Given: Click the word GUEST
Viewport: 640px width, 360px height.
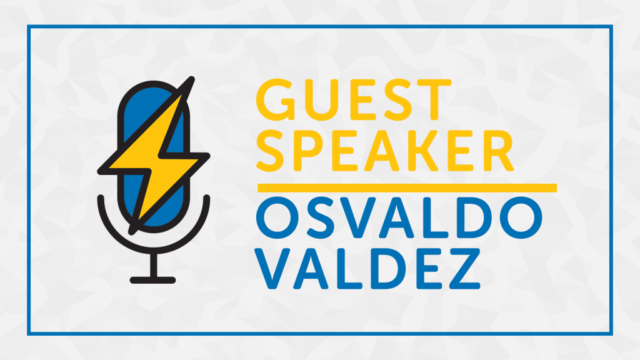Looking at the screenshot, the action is (x=354, y=100).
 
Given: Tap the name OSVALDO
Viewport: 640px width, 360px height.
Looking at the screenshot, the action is (x=399, y=217).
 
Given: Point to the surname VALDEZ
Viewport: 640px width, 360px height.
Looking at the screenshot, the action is (x=367, y=269).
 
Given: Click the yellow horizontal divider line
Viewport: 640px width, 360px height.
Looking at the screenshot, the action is (x=407, y=187).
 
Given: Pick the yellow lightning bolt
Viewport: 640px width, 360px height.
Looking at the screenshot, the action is (x=154, y=156).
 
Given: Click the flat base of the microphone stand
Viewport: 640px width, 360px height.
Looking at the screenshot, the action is (x=152, y=280).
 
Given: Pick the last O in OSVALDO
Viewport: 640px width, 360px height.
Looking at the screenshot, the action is (x=521, y=217).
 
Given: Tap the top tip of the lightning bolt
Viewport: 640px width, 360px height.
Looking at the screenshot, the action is (x=192, y=78).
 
